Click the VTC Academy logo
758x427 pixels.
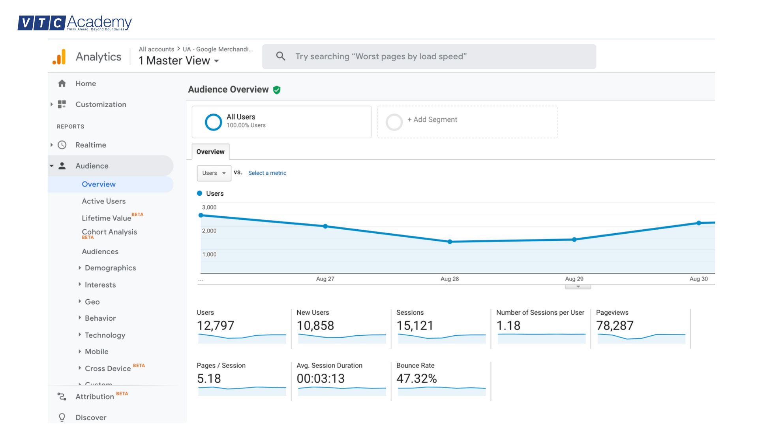tap(75, 23)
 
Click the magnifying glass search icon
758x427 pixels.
tap(280, 56)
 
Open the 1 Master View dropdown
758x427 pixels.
tap(179, 60)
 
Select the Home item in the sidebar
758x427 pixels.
tap(86, 83)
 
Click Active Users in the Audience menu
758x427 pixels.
tap(103, 201)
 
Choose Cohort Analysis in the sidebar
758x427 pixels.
tap(109, 232)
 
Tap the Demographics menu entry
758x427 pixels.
tap(110, 268)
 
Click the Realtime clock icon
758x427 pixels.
tap(62, 145)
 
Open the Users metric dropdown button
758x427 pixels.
tap(214, 173)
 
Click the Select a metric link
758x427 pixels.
tap(267, 173)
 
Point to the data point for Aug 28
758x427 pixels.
tap(450, 242)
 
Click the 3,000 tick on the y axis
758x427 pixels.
tap(209, 207)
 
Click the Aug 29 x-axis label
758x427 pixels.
tap(574, 279)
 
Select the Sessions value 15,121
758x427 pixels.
tap(415, 325)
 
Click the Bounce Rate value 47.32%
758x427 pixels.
tap(417, 378)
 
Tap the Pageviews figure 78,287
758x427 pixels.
tap(615, 325)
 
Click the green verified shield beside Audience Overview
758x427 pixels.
tap(277, 90)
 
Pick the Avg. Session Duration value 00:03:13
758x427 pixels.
tap(321, 378)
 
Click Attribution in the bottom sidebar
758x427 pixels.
tap(95, 397)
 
